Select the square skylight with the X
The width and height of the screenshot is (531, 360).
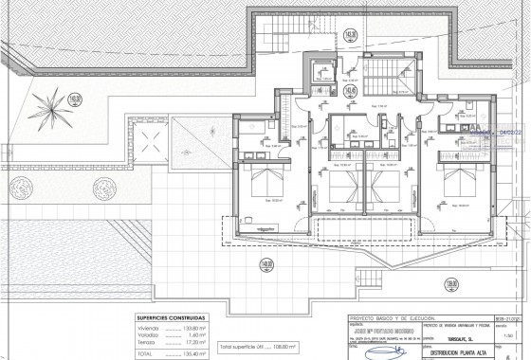(x=150, y=149)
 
